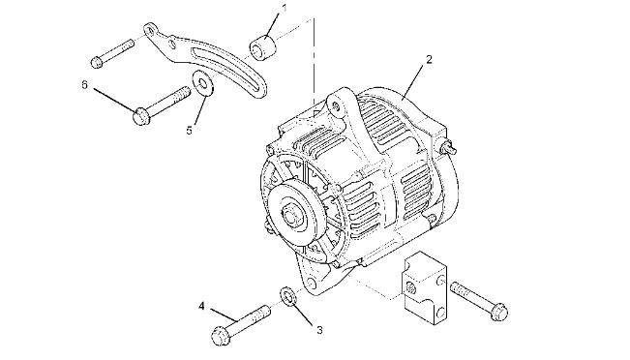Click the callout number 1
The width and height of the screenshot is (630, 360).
point(285,8)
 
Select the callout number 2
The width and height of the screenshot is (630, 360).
point(429,60)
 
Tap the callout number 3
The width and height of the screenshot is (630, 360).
point(319,330)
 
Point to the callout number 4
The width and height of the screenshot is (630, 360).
point(201,307)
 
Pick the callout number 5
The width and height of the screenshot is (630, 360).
point(190,131)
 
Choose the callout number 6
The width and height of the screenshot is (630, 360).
point(84,85)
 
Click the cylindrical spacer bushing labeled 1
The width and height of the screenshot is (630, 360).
point(263,47)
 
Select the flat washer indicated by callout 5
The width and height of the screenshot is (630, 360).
point(203,83)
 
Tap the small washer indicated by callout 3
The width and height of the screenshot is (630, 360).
point(288,297)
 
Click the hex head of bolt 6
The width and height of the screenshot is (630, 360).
point(141,116)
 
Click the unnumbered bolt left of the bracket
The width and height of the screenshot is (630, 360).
point(112,52)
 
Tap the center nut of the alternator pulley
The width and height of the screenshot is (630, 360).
point(292,215)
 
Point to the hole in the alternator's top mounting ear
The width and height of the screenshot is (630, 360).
point(337,105)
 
